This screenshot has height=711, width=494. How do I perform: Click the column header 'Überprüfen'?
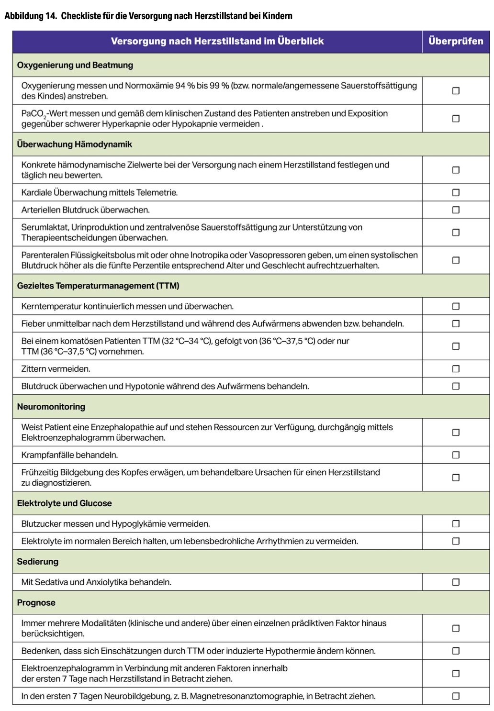[456, 41]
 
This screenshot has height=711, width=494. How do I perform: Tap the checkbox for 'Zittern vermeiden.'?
[456, 369]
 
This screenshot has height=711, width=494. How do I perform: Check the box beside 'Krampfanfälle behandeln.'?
[456, 455]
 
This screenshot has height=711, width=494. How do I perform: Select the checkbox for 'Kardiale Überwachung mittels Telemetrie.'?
[456, 192]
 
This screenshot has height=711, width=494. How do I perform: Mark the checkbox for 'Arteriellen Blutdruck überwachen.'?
[456, 210]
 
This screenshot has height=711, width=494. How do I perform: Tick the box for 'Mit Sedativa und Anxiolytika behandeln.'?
[456, 582]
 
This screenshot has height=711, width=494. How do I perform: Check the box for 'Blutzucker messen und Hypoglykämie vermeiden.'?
[456, 524]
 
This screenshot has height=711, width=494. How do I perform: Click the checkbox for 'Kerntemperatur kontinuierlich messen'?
[456, 306]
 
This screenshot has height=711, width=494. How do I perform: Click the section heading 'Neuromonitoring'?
[51, 407]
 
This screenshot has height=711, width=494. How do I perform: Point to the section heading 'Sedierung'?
[38, 562]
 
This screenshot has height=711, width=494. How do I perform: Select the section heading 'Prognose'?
[36, 603]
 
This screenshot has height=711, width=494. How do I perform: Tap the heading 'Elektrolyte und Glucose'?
[65, 503]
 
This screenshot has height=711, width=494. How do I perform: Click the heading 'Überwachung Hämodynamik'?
[75, 144]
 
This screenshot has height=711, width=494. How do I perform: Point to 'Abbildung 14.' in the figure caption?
[31, 16]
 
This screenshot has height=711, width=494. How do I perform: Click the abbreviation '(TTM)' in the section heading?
[168, 286]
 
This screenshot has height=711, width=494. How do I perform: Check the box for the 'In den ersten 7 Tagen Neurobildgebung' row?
[456, 696]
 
